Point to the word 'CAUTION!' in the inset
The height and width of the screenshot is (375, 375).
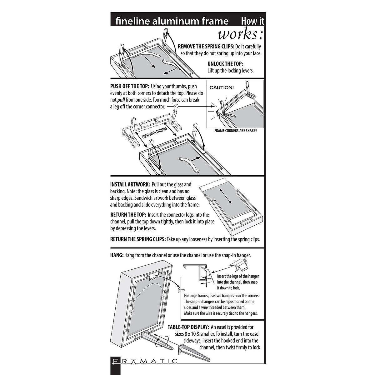[x=222, y=87]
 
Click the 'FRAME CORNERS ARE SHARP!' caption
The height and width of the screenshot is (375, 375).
[x=235, y=131]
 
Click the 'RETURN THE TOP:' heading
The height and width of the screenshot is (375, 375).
[x=128, y=215]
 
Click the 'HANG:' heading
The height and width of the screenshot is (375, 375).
[x=117, y=255]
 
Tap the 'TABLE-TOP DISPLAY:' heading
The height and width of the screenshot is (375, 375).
[x=188, y=327]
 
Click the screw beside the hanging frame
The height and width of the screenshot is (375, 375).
[x=180, y=290]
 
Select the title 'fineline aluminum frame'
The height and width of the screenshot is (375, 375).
[x=172, y=21]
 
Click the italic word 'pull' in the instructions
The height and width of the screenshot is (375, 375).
[x=121, y=100]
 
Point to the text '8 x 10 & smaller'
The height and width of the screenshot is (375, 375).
[x=192, y=334]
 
